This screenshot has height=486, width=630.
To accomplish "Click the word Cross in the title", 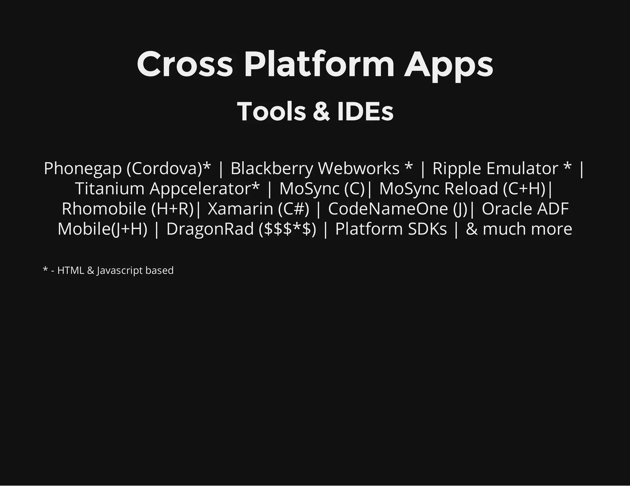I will click(x=185, y=65).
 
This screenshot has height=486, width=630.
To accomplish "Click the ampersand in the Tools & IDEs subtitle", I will click(x=321, y=112).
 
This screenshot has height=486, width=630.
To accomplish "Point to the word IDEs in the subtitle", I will click(x=365, y=112).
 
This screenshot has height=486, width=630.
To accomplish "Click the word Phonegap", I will click(x=83, y=169).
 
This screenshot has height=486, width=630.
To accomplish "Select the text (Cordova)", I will click(x=165, y=169).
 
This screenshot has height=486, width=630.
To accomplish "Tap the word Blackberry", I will click(x=272, y=169).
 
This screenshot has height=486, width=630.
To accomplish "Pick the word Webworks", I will click(x=359, y=169).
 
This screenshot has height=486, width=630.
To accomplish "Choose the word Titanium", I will click(x=110, y=188).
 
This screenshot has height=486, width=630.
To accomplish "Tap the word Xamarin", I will click(x=241, y=209).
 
